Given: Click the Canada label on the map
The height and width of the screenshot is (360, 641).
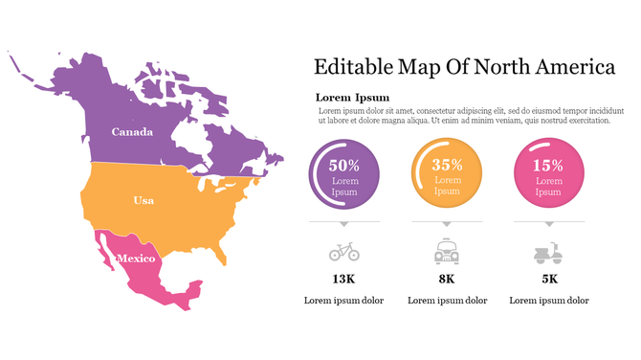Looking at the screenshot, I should (132, 131).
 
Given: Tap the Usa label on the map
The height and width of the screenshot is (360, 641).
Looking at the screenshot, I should (144, 200).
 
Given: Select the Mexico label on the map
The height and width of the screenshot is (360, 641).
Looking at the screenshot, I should (136, 259).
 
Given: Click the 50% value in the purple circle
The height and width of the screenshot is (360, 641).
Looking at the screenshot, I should (343, 165).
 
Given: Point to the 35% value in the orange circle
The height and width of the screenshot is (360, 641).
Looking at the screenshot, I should (447, 165).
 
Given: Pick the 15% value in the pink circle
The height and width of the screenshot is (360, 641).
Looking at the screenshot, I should (548, 165).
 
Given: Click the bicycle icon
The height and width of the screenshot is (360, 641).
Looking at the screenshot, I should (344, 252).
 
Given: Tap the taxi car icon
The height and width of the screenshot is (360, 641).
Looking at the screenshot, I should (447, 252).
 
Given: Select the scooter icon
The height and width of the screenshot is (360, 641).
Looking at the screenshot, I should (548, 252).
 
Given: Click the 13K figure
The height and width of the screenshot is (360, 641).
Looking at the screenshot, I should (343, 279).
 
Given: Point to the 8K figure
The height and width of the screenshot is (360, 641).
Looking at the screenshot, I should (447, 279).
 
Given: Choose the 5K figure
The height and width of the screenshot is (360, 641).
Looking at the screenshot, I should (549, 279).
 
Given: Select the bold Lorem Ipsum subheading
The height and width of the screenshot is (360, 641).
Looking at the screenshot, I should (352, 98).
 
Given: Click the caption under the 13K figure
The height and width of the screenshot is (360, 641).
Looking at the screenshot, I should (343, 301).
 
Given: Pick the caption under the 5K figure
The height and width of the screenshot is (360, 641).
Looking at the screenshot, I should (549, 301).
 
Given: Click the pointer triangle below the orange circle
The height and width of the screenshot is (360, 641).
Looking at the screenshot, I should (447, 224).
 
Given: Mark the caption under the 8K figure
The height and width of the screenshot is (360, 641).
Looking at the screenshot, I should (447, 301).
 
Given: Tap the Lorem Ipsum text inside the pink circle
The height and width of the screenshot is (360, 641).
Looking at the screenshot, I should (548, 186).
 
